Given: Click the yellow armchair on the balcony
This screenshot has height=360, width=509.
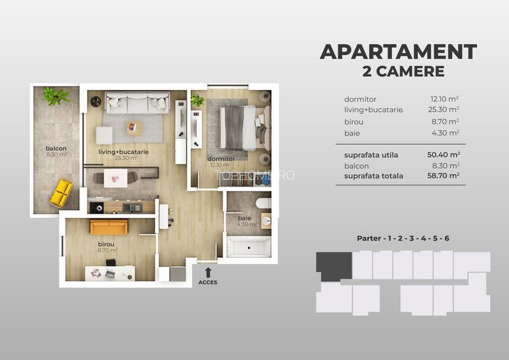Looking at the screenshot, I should [61, 192].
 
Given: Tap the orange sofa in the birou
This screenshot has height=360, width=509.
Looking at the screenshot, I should [109, 227].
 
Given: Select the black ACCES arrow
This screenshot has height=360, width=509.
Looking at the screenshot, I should [208, 271].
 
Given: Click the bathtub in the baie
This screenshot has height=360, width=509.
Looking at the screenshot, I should [249, 247].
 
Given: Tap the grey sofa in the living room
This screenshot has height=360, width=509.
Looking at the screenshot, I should [136, 102].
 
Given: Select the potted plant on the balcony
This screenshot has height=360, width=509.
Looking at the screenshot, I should [56, 97].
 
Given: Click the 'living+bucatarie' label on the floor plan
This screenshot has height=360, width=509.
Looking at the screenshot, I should [123, 152].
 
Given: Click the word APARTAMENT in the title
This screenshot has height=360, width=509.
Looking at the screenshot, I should [398, 52].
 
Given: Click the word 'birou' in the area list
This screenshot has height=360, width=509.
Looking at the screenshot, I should [354, 121].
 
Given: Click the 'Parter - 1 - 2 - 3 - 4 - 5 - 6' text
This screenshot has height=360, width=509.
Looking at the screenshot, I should [403, 239].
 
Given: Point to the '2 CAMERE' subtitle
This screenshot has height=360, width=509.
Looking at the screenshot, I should [403, 72].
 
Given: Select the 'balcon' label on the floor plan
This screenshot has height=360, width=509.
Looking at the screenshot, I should [56, 149].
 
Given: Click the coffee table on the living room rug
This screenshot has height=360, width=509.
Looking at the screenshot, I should [134, 127].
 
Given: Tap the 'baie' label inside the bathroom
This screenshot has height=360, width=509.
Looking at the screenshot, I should [245, 218].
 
